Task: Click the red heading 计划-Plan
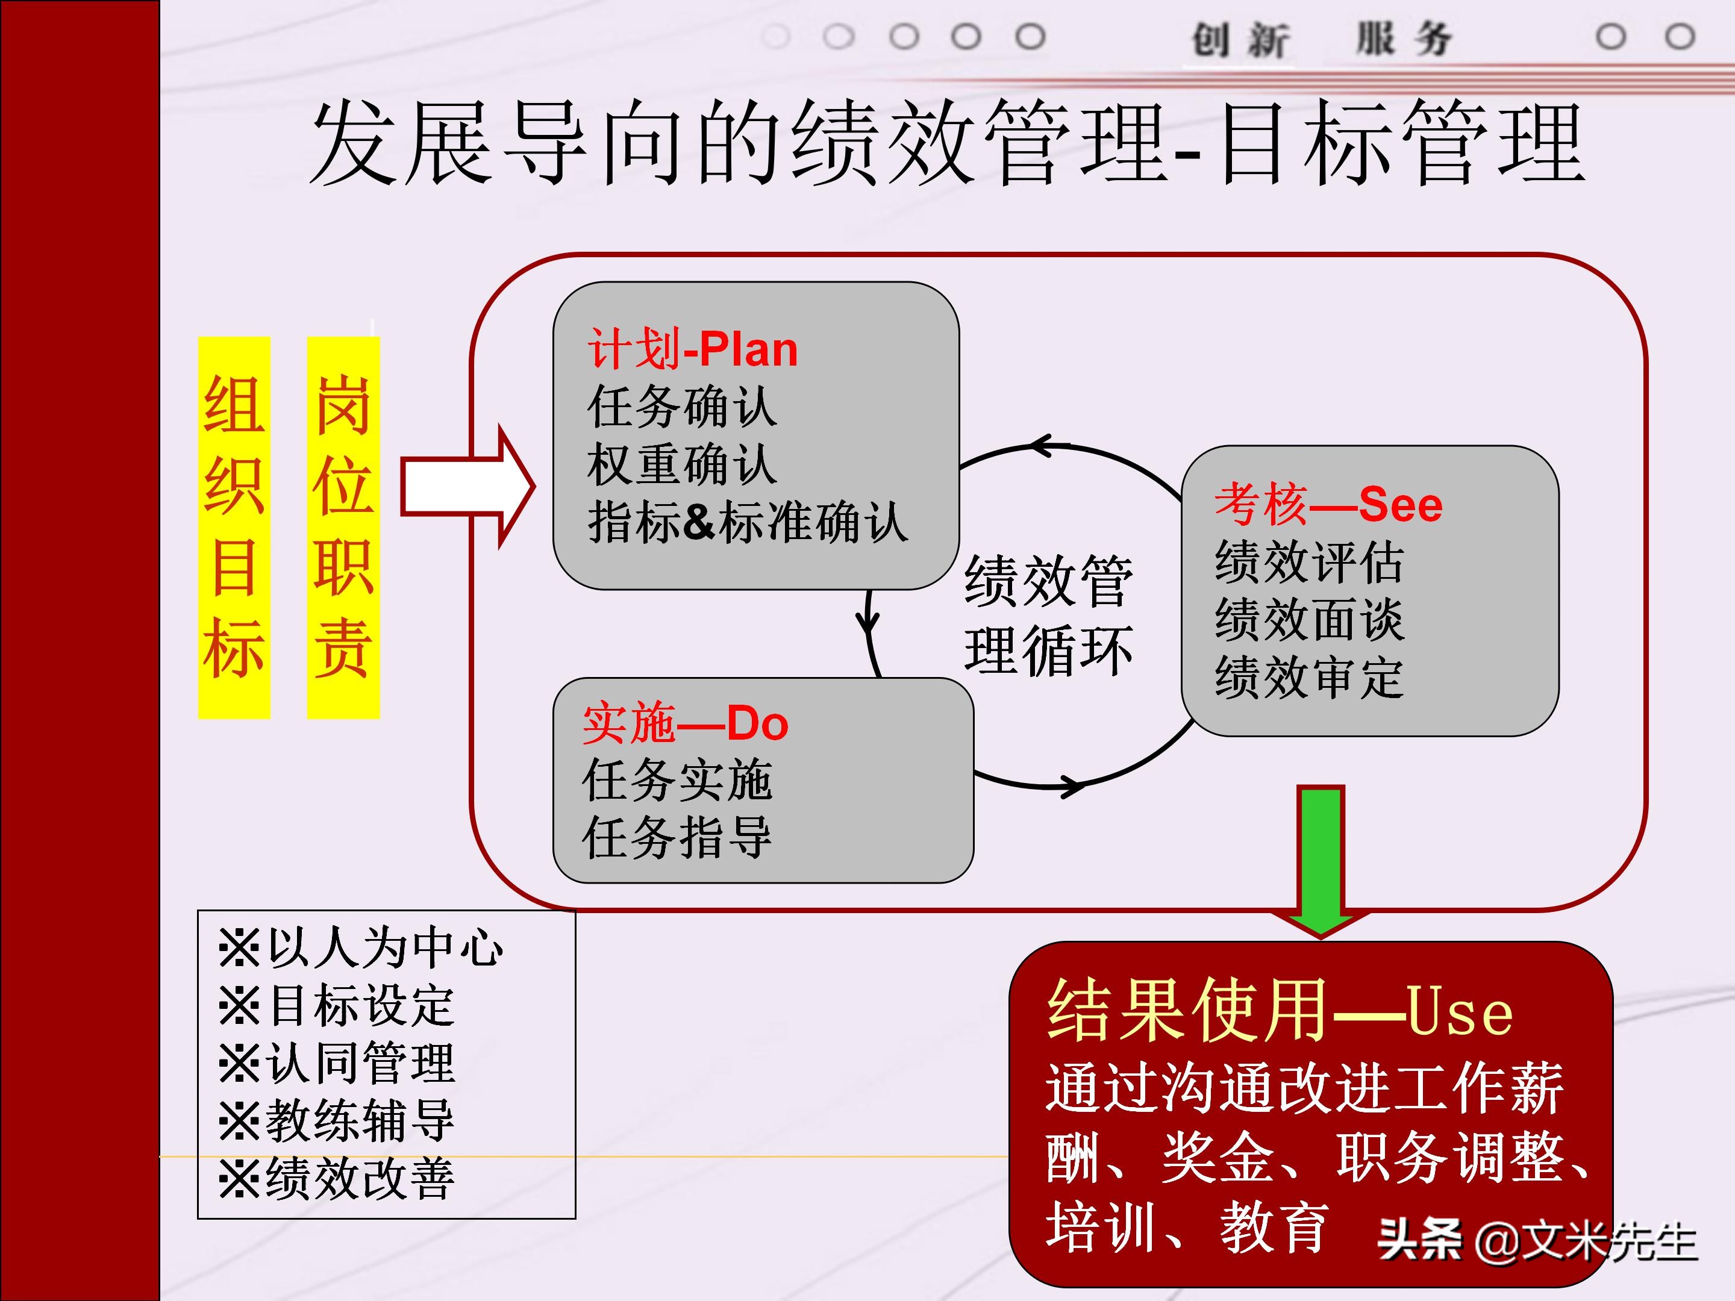point(693,350)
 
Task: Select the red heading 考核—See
point(1328,504)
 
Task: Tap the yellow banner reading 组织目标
point(234,527)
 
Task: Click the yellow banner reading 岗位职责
point(343,527)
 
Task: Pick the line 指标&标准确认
point(748,522)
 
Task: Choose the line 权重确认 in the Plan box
point(681,465)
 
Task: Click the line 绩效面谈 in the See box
point(1308,620)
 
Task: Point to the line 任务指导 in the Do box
point(677,838)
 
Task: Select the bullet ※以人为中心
point(361,948)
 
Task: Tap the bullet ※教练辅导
point(337,1121)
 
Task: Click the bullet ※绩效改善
point(337,1178)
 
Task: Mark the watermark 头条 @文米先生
point(1537,1241)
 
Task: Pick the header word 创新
point(1239,39)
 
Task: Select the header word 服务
point(1404,39)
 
